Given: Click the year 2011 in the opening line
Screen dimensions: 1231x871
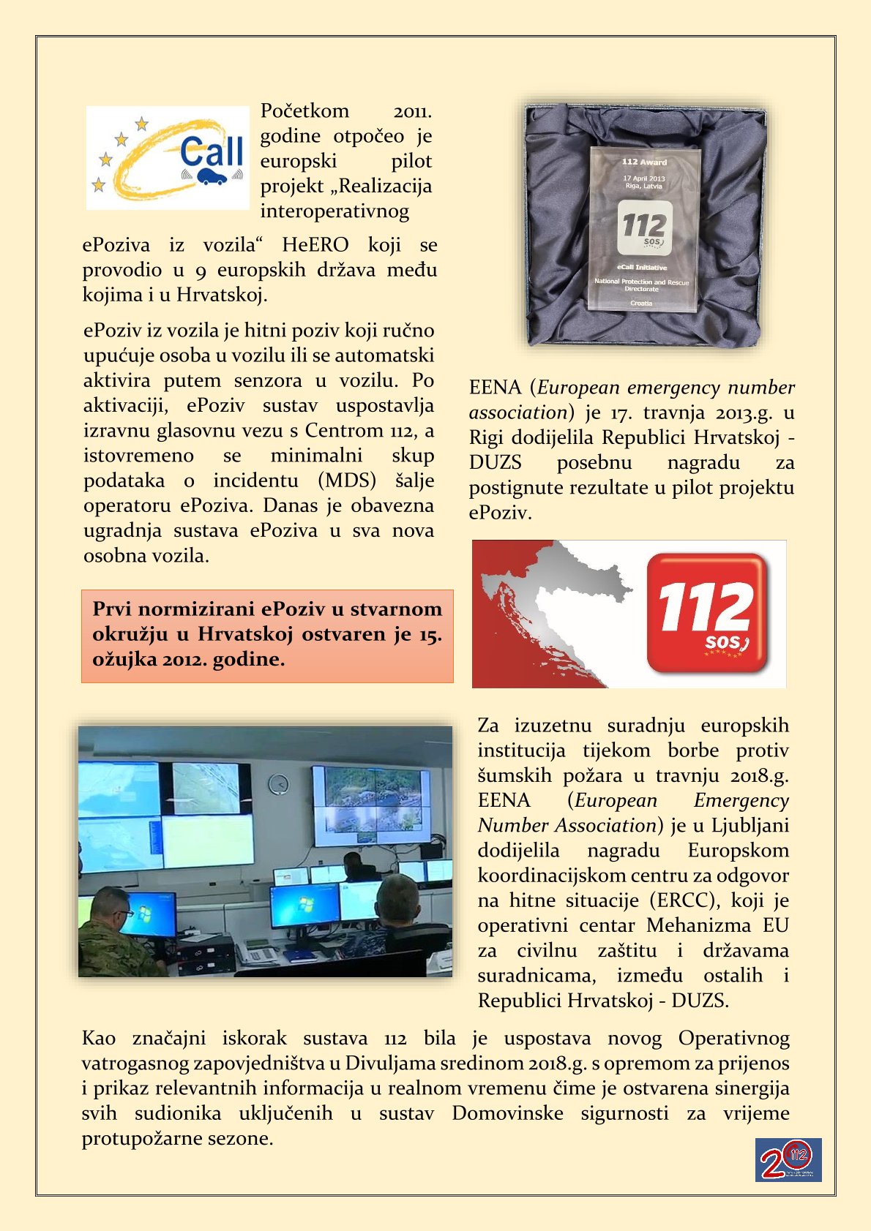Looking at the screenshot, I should point(412,112).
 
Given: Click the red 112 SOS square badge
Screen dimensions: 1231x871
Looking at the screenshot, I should point(708,613).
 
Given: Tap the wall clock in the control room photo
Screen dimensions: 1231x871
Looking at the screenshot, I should point(278,785).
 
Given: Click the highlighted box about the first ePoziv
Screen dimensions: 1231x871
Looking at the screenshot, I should point(267,635).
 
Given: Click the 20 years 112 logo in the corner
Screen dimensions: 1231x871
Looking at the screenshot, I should point(788,1159).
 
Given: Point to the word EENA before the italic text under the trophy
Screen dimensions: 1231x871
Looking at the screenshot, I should point(496,388).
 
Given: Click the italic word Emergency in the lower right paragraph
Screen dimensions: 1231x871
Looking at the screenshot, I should point(741,801).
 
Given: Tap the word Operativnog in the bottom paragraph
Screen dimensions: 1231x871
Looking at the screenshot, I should point(733,1039).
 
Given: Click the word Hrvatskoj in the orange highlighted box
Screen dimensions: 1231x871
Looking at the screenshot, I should point(245,634).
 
